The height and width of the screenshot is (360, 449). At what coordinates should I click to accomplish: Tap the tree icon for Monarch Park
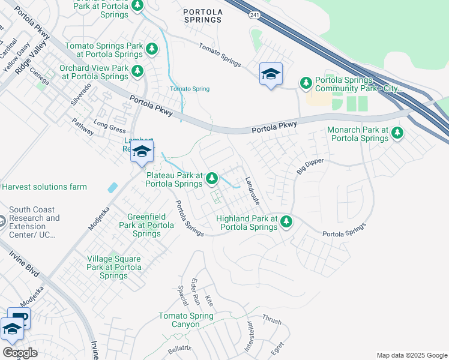397,134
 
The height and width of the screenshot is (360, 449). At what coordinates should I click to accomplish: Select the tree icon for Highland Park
286,222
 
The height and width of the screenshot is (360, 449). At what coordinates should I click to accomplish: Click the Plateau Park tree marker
212,178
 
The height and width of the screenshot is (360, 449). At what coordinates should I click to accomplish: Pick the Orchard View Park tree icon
137,71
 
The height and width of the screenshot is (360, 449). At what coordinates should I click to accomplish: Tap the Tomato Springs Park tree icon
152,49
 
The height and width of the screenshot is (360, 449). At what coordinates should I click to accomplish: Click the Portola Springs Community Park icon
306,82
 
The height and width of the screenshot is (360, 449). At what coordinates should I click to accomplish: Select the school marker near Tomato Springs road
271,74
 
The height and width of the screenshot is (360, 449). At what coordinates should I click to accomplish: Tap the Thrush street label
271,320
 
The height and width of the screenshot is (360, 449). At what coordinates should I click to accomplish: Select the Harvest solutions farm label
44,187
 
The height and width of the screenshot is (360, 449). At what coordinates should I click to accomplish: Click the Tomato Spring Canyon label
185,320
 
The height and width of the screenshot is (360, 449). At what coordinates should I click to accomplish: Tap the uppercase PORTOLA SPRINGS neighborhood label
202,16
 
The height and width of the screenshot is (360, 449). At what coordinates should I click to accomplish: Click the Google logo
20,353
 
